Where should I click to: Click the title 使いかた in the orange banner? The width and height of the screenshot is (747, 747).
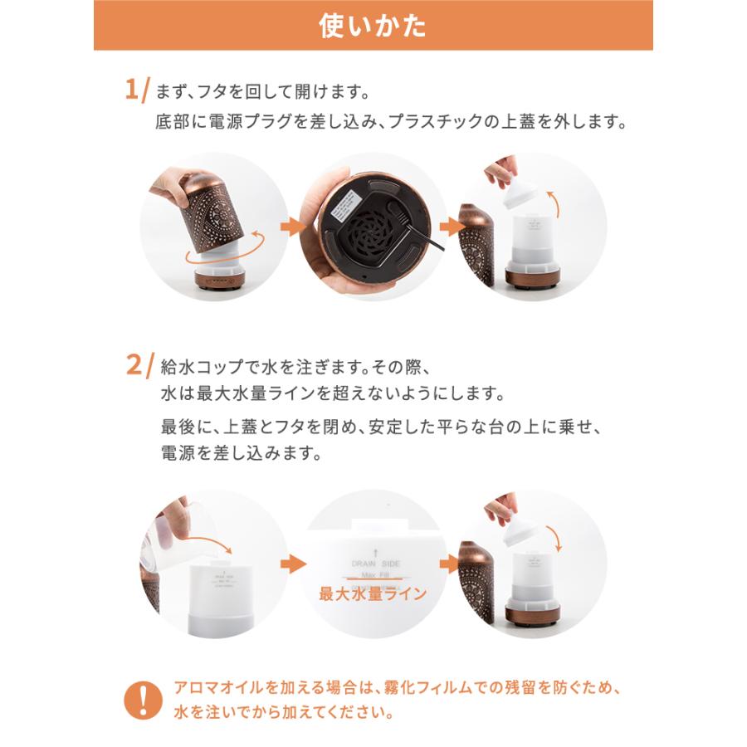(x=373, y=26)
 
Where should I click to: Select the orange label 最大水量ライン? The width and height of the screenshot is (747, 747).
(x=373, y=594)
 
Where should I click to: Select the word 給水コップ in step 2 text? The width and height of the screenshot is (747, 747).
(x=198, y=365)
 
